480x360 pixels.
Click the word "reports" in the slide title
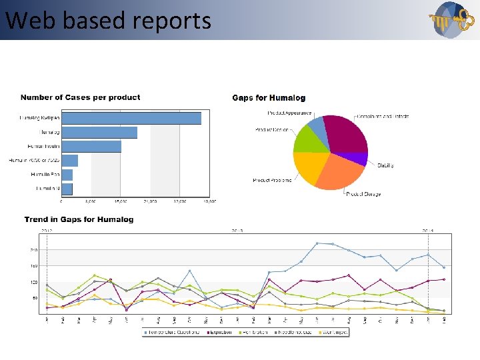[x=171, y=21]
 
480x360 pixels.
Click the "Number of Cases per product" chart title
[x=80, y=97]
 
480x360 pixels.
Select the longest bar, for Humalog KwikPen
[x=131, y=118]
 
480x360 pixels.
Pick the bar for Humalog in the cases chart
[x=99, y=132]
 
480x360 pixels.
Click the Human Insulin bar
[x=91, y=147]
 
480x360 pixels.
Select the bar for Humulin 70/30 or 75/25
[x=70, y=161]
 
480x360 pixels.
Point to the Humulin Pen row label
[x=45, y=175]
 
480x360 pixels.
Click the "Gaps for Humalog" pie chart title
[x=269, y=98]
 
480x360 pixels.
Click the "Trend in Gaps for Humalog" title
[x=79, y=219]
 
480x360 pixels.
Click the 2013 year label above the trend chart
[x=237, y=230]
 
